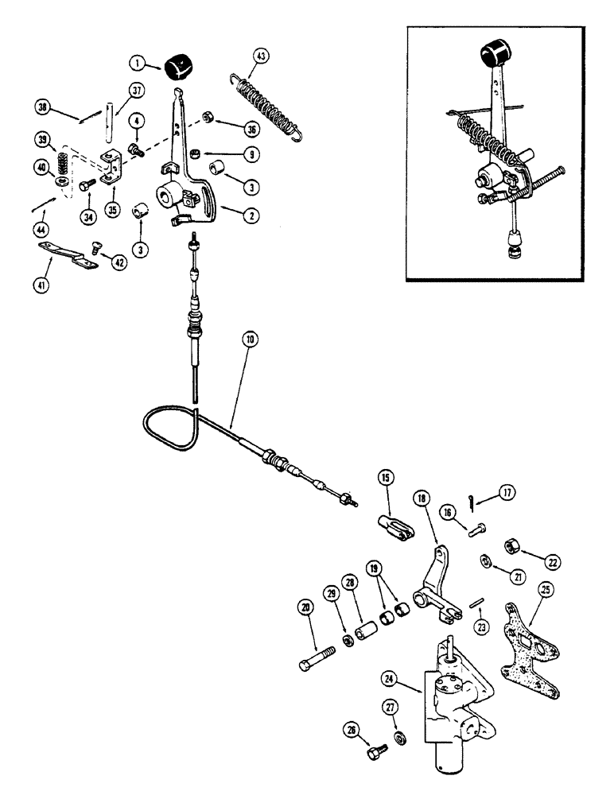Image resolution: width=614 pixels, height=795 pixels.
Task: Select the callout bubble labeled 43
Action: pos(261,56)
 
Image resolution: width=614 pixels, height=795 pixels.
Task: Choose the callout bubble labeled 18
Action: pos(420,499)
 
